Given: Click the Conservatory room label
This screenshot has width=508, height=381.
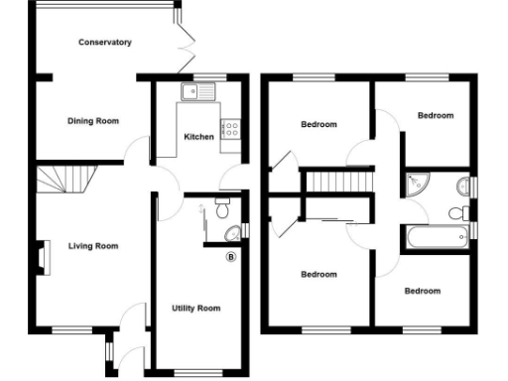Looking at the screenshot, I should (106, 43).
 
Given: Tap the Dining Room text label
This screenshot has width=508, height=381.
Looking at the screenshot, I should (93, 121).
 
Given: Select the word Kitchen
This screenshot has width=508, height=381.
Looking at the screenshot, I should (198, 137).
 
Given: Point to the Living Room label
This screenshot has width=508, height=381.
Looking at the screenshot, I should (93, 246).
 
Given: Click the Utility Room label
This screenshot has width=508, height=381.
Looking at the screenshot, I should (195, 309).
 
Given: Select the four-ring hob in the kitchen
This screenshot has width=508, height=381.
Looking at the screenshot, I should (231, 128).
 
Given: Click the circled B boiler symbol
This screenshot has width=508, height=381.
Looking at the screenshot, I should (231, 257).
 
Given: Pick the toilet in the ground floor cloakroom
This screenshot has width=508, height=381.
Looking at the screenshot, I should (223, 209).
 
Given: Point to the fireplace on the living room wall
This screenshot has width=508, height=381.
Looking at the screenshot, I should (44, 256).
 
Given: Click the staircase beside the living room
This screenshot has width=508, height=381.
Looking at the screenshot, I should (63, 182).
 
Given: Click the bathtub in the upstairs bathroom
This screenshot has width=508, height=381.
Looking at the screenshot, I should (435, 236).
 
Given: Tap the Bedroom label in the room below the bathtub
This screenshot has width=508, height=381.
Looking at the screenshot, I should (422, 291).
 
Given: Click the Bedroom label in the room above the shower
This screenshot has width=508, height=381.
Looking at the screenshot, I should (435, 116).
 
